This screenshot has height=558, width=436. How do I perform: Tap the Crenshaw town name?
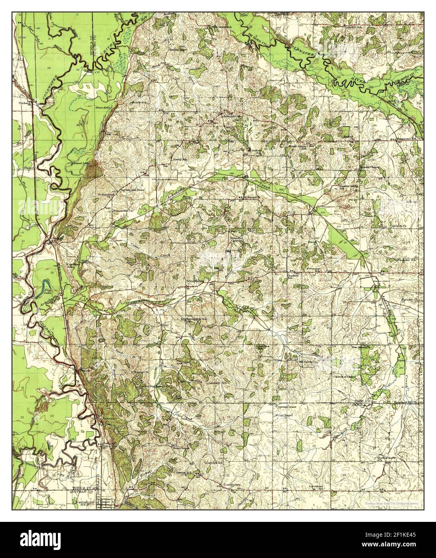pyautogui.click(x=83, y=502)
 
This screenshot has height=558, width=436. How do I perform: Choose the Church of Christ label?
pyautogui.click(x=344, y=377)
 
